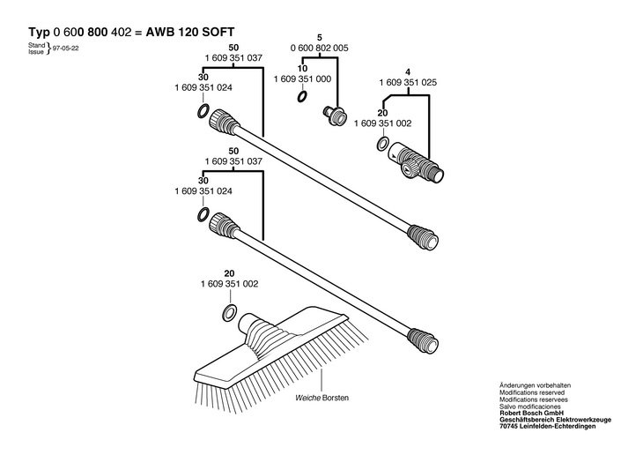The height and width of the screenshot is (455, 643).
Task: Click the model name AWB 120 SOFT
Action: tap(190, 32)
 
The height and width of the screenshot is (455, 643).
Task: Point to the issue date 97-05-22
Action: tap(66, 48)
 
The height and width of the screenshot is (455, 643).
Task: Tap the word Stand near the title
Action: tap(36, 45)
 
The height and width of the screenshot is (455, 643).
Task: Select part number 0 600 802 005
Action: tap(320, 48)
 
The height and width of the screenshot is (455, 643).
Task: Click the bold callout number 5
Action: tap(320, 38)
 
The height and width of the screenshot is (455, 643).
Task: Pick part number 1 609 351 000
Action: tap(302, 78)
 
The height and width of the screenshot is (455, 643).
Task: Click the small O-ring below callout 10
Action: tap(302, 97)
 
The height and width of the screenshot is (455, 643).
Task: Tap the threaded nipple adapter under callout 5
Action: tap(334, 114)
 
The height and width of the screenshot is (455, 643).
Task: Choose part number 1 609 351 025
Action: tap(408, 83)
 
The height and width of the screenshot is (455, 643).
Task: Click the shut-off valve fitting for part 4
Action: tap(416, 161)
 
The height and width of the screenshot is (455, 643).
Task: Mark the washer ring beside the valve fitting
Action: tap(382, 144)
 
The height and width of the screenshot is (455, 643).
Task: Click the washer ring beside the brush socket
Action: tap(229, 313)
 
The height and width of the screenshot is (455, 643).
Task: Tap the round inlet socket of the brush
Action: tap(248, 323)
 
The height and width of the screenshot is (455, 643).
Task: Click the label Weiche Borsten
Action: tap(321, 398)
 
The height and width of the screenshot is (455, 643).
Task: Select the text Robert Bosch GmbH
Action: tap(531, 413)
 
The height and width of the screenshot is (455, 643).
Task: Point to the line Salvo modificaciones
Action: tap(530, 407)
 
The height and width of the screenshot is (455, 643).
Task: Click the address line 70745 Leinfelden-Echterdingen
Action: tap(548, 427)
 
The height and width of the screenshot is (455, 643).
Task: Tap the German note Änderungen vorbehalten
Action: tap(535, 385)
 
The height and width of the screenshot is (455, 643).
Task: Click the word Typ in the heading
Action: tap(39, 33)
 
